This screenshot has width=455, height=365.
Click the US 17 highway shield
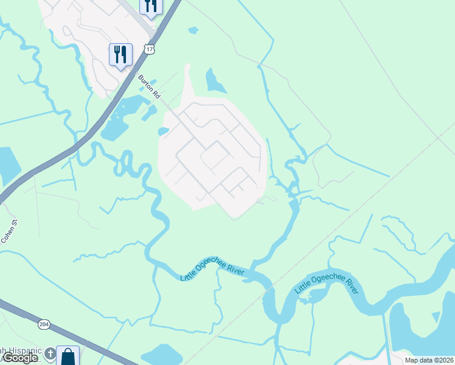(x=149, y=49)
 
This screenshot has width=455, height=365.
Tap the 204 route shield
(x=44, y=324)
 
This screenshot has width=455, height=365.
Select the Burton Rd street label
(x=148, y=87)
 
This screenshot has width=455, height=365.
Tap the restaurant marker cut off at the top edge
(x=150, y=6)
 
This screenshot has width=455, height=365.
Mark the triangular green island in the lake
(x=436, y=317)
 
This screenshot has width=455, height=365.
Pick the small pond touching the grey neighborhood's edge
(x=162, y=130)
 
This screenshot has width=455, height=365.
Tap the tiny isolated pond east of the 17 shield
(x=193, y=30)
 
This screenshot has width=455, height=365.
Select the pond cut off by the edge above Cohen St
(x=7, y=165)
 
